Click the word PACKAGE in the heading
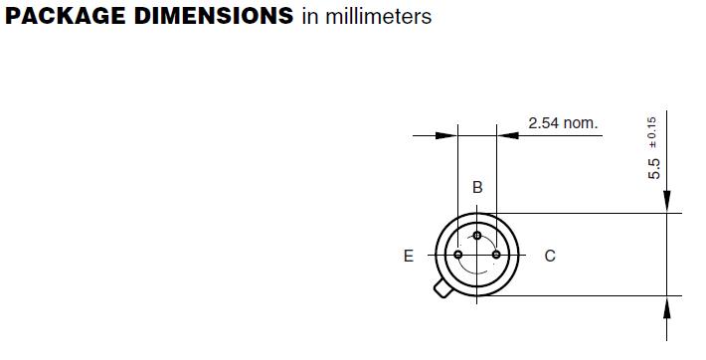(x=66, y=16)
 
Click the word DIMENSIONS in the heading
(x=214, y=16)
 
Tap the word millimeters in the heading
(x=378, y=17)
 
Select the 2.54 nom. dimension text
(x=563, y=123)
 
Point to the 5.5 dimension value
(x=654, y=169)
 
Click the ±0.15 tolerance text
(x=651, y=132)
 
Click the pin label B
(x=477, y=187)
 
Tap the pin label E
(x=409, y=256)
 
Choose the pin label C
(x=550, y=256)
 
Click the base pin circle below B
(x=477, y=236)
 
